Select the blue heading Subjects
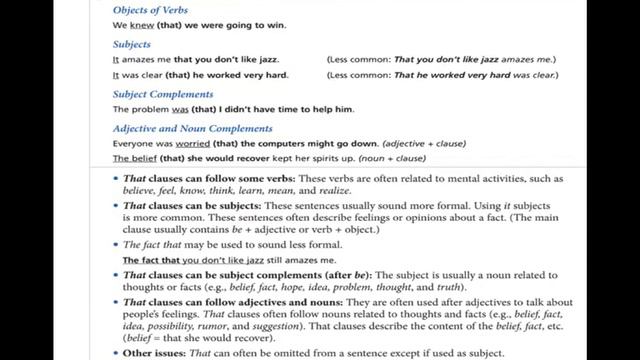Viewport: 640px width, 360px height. pos(132,45)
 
